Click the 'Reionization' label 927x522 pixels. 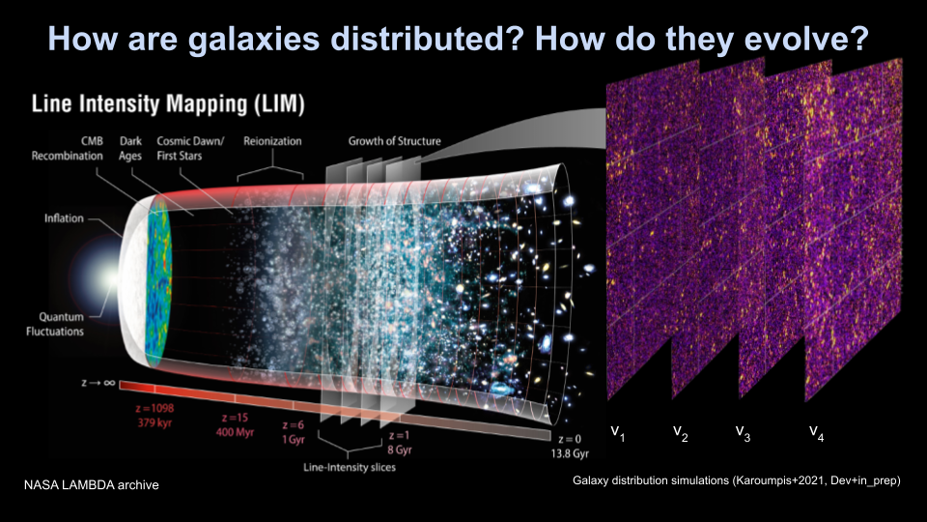(271, 141)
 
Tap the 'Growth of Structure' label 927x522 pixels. (394, 141)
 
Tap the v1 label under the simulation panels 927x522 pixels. (618, 431)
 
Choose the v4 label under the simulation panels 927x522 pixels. (817, 431)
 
